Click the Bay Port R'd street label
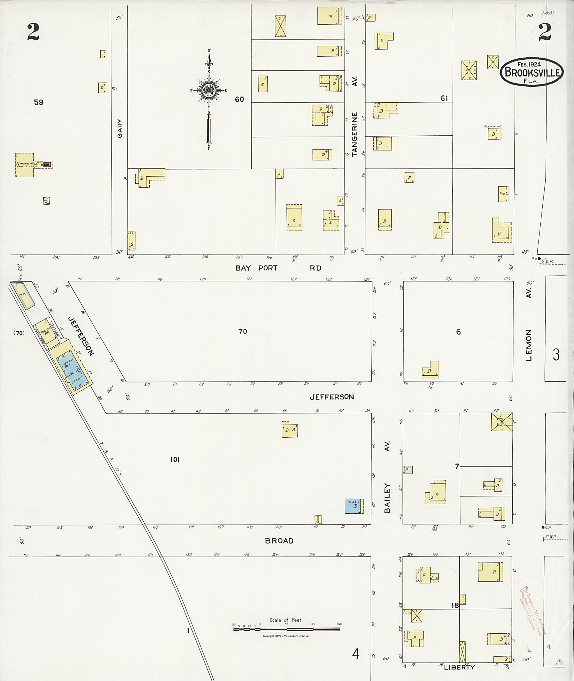point(278,268)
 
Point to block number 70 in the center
point(243,331)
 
